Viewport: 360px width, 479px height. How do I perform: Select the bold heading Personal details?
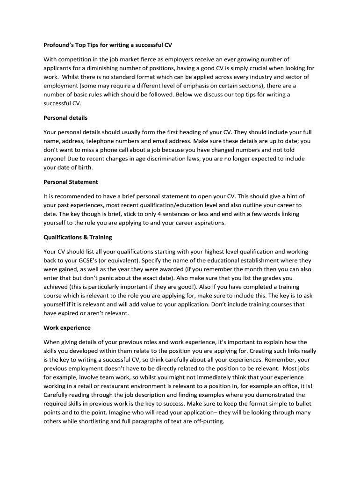click(x=65, y=117)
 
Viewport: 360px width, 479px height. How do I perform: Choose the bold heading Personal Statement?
click(x=71, y=181)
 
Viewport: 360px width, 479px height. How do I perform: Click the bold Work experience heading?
click(x=67, y=327)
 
